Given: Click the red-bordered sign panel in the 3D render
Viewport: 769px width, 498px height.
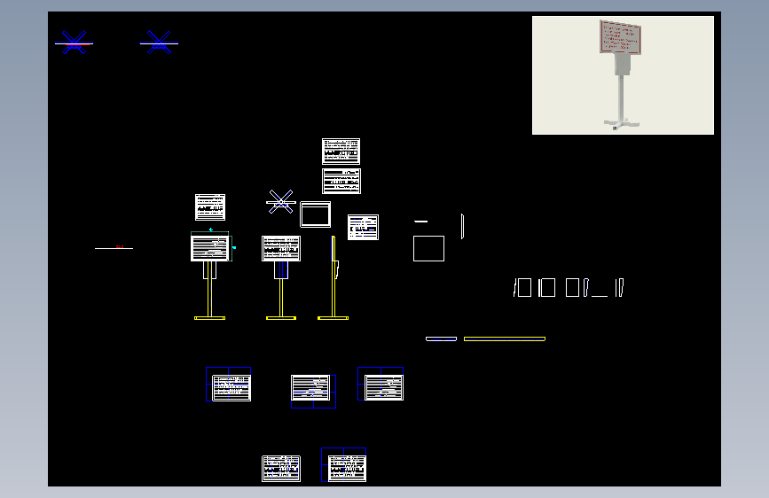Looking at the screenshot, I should click(x=620, y=37).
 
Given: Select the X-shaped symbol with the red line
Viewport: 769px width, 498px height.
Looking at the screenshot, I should click(x=74, y=43).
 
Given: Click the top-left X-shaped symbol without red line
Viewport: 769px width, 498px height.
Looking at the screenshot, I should click(x=159, y=43).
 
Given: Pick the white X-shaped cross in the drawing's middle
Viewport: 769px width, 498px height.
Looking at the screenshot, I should click(x=280, y=202).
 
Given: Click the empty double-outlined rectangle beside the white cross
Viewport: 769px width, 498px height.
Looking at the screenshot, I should click(x=315, y=214).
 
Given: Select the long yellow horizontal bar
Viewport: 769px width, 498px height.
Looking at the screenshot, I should click(x=504, y=338).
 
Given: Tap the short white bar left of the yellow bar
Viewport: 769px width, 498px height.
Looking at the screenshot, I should click(x=441, y=338).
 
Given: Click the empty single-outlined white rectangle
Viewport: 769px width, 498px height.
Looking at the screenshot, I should click(x=428, y=248).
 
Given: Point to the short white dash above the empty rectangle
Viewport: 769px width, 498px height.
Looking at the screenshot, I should click(x=420, y=221).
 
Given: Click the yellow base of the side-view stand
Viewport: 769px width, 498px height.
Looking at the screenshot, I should click(x=333, y=317).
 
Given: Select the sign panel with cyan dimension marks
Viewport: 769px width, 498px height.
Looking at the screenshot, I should click(x=210, y=248).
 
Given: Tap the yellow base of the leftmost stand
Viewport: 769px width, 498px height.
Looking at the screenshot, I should click(x=209, y=317).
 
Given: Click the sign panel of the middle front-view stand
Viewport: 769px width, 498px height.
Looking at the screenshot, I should click(x=280, y=248).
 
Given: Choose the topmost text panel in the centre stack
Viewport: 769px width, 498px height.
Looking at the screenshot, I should click(x=341, y=151).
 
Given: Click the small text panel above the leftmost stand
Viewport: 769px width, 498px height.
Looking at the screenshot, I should click(x=210, y=207).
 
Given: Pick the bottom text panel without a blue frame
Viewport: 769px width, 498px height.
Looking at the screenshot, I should click(x=280, y=469).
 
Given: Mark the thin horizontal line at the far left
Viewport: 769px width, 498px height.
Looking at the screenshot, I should click(x=114, y=248).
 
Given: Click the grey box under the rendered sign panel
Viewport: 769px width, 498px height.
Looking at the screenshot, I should click(x=622, y=63).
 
